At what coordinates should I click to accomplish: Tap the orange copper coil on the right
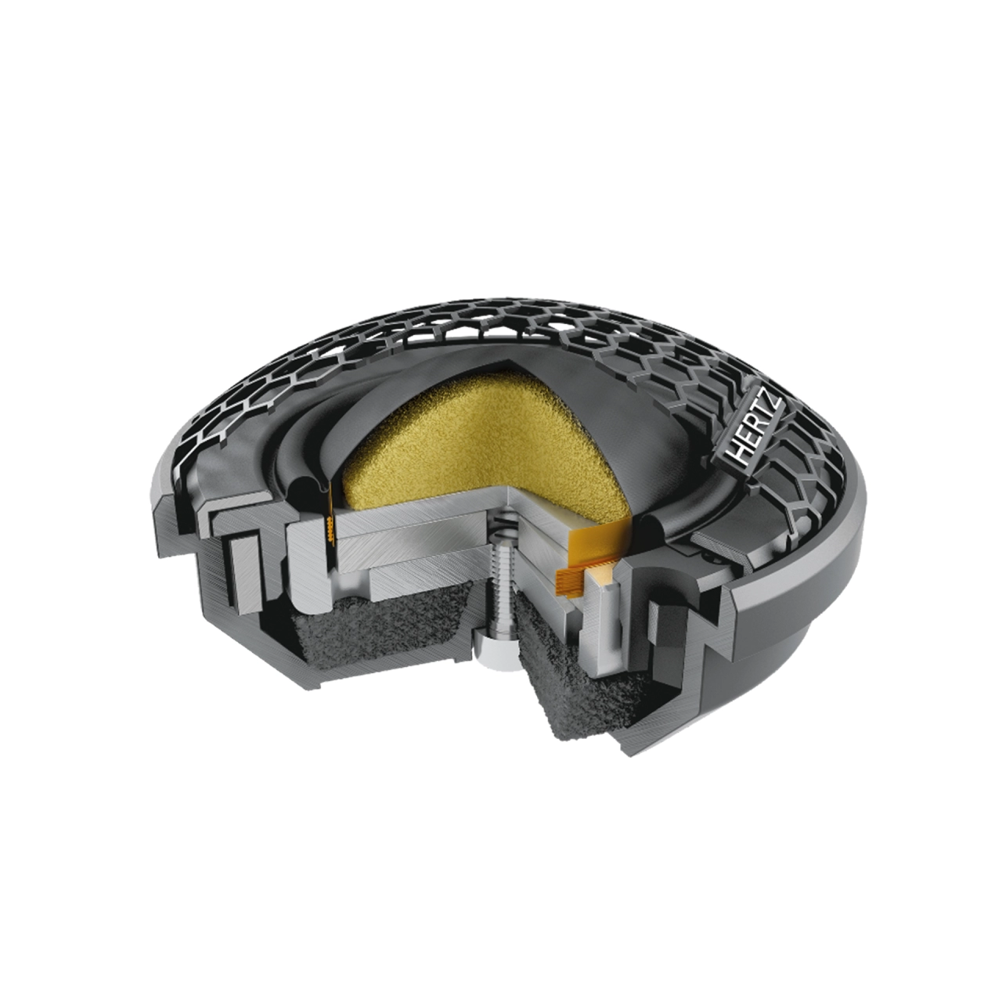(x=570, y=580)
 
